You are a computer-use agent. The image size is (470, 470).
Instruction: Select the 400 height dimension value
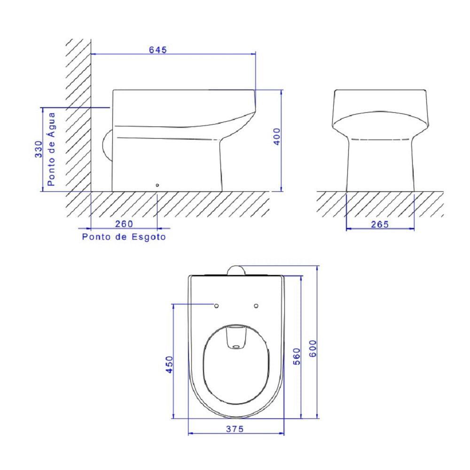coord(277,136)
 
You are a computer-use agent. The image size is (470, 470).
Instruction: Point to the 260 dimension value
coord(124,224)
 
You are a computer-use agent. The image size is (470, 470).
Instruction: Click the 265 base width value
coord(380,224)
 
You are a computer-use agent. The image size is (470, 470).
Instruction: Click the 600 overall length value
coord(313,348)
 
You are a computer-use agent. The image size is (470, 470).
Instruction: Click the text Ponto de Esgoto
coord(124,237)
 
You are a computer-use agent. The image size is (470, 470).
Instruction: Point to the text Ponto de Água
coord(51,149)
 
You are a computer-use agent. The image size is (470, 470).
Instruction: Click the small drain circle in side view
coord(157,185)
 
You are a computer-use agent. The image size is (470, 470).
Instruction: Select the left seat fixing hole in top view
coord(217,306)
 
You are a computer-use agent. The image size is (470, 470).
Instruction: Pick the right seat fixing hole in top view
coord(256,306)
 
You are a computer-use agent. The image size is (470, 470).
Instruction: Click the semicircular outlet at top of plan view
coord(236,270)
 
